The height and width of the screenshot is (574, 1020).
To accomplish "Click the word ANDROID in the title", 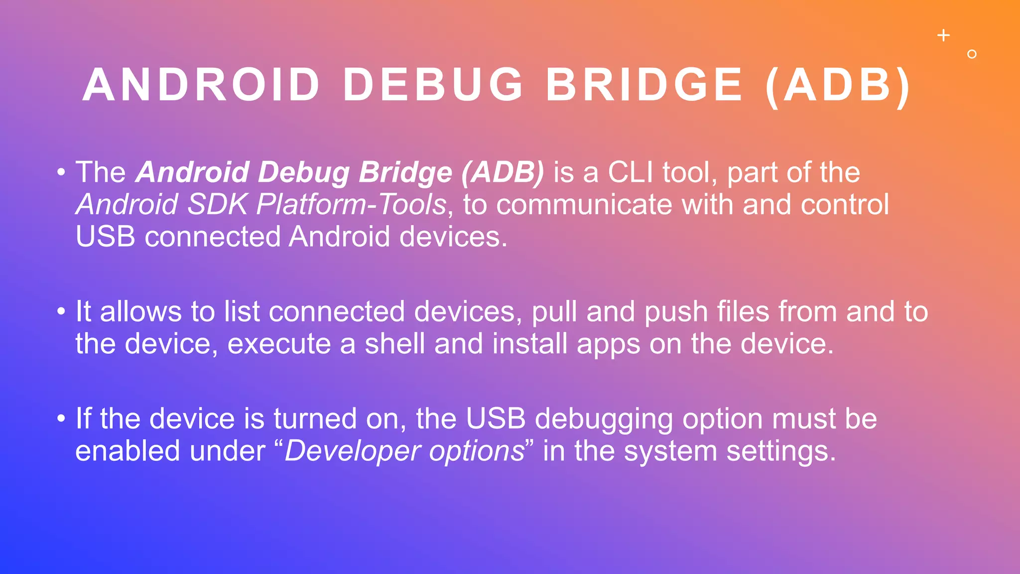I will pyautogui.click(x=201, y=85).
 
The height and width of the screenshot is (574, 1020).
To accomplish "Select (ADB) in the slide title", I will pyautogui.click(x=839, y=85).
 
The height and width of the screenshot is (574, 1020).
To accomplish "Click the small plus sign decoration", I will pyautogui.click(x=943, y=35).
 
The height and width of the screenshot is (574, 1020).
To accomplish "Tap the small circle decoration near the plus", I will pyautogui.click(x=972, y=54).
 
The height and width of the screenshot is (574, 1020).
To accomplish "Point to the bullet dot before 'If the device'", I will pyautogui.click(x=61, y=419).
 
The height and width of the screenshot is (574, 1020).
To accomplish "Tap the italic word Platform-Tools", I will pyautogui.click(x=351, y=205).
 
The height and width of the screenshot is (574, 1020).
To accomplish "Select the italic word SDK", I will pyautogui.click(x=217, y=205).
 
